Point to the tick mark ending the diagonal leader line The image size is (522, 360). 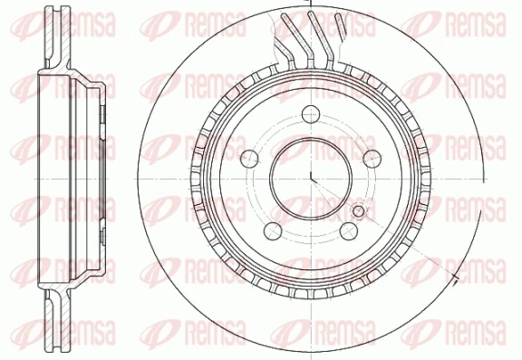pyautogui.click(x=457, y=267)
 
